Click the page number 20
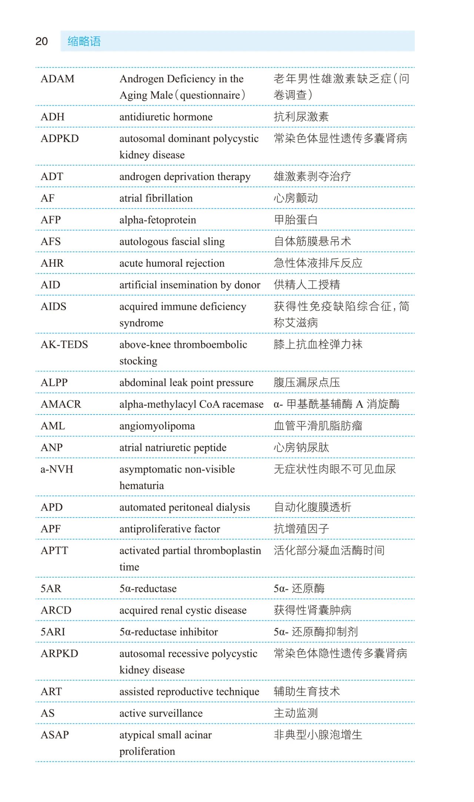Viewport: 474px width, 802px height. pos(41,41)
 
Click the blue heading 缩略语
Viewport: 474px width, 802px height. pos(84,41)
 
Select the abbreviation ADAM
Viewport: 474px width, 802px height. pos(57,79)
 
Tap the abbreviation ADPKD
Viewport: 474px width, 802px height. pos(60,139)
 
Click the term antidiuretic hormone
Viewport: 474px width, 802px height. pos(166,117)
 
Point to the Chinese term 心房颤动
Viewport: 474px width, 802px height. pos(296,198)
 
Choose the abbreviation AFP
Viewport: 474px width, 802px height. pos(51,220)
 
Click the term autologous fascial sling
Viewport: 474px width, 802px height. pos(172,242)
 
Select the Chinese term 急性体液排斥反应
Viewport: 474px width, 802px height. pos(318,263)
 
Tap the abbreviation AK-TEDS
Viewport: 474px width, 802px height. pos(64,345)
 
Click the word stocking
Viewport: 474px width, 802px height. pos(138,361)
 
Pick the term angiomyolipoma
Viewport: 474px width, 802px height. pos(157,426)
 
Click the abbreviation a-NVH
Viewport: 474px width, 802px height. pos(57,469)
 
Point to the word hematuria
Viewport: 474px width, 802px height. pos(141,486)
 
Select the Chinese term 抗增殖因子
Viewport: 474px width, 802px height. pos(301,529)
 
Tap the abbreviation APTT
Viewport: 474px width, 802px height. pos(54,550)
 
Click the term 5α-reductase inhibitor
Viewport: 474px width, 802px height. pos(168,632)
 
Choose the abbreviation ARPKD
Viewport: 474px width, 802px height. pos(59,653)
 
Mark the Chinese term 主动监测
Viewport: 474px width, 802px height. pos(296,713)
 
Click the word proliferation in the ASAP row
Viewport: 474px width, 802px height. pos(147,751)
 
